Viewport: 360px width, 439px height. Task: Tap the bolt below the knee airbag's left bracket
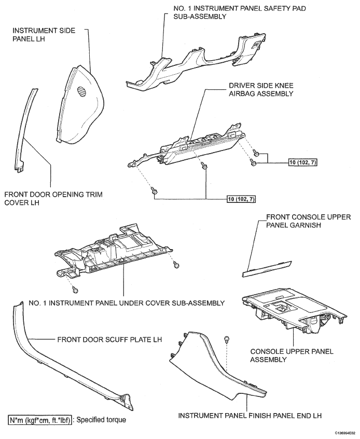[155, 191]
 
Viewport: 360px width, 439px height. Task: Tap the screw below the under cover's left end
[75, 290]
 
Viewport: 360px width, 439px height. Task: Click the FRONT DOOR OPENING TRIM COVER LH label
[53, 199]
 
